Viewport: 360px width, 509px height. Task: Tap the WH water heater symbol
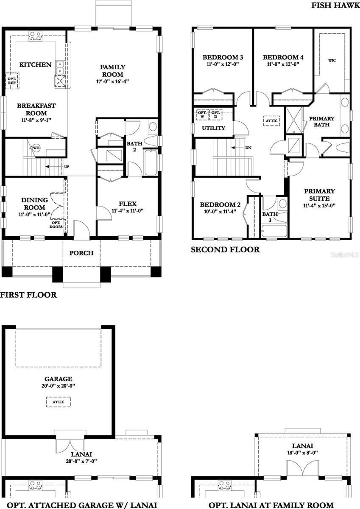point(36,148)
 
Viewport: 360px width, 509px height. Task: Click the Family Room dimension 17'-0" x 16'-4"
point(112,81)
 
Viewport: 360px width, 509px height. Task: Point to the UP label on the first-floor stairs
point(66,166)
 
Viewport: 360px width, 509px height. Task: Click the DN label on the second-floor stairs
point(248,148)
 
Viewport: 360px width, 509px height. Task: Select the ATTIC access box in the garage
point(58,401)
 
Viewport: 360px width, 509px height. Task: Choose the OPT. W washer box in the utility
point(202,114)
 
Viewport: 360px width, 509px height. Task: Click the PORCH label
point(81,253)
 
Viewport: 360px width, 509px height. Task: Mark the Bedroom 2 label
point(220,205)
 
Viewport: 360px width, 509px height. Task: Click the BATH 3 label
point(270,217)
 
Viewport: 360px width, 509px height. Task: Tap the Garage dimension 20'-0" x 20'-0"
point(58,386)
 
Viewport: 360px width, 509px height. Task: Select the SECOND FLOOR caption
point(225,250)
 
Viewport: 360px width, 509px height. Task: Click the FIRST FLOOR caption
point(28,295)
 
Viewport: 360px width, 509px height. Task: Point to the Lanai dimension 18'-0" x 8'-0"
point(302,453)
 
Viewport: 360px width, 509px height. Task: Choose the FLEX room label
point(127,204)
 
